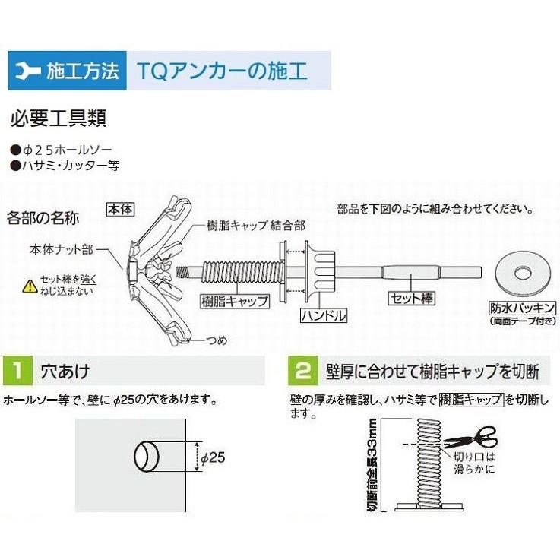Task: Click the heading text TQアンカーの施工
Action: click(222, 71)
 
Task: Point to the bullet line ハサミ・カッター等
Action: click(65, 164)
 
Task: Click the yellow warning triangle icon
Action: click(30, 286)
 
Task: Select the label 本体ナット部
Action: click(62, 248)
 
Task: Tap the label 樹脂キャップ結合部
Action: click(256, 226)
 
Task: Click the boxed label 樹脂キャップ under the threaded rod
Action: click(236, 300)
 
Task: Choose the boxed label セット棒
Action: click(411, 299)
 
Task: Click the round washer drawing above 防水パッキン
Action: click(522, 271)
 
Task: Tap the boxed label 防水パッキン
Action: click(521, 308)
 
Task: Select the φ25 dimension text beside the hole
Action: click(214, 457)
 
